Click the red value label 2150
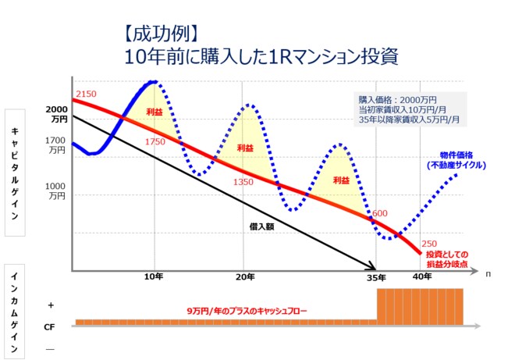point(86,94)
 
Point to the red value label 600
point(380,213)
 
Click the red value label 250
point(428,243)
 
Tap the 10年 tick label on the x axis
point(154,276)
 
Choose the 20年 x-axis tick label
point(245,276)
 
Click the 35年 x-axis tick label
point(376,277)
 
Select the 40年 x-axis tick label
point(422,276)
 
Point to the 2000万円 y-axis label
point(57,114)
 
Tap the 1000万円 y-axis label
point(57,191)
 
